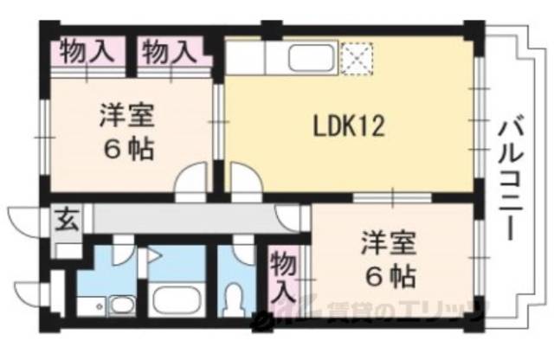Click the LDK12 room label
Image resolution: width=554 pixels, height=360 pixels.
coord(348,127)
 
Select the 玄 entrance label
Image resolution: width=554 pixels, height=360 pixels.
coord(67,219)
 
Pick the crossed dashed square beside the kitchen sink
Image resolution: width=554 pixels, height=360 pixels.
coord(355,58)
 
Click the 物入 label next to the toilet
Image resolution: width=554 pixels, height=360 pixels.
coord(282,276)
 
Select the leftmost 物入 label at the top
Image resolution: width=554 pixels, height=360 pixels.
coord(87,51)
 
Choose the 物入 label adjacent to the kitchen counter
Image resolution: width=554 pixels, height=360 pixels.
coord(169,51)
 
